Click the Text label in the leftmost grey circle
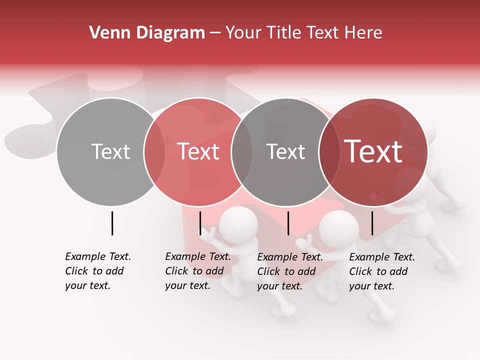click(x=110, y=152)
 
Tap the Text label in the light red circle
click(x=198, y=152)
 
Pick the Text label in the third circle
click(x=285, y=152)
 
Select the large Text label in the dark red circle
click(x=373, y=152)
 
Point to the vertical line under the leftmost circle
click(x=112, y=223)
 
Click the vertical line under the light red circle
click(x=200, y=223)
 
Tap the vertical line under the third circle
click(x=288, y=223)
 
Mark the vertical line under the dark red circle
click(x=372, y=223)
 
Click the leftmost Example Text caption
click(x=97, y=271)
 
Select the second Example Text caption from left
click(x=197, y=271)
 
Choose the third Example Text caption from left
click(x=289, y=271)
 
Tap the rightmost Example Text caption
click(x=381, y=271)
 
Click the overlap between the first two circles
click(x=154, y=152)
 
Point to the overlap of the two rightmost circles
click(x=329, y=152)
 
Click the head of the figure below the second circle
click(x=238, y=225)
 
